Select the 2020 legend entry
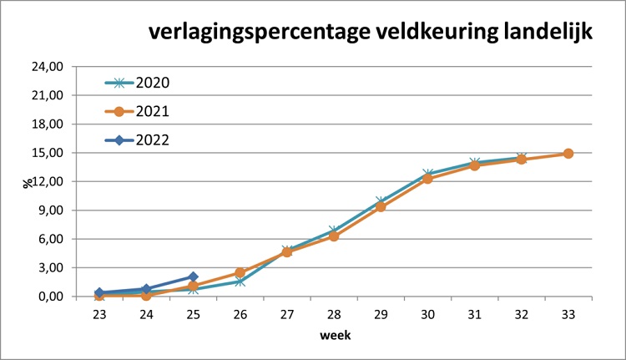152,83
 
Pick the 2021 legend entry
152,111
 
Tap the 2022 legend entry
152,139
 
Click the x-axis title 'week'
333,336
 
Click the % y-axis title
27,181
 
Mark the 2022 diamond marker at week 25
193,276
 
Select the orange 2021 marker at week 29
381,206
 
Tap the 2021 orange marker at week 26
240,273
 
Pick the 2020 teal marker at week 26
240,281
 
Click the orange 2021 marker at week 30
427,179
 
